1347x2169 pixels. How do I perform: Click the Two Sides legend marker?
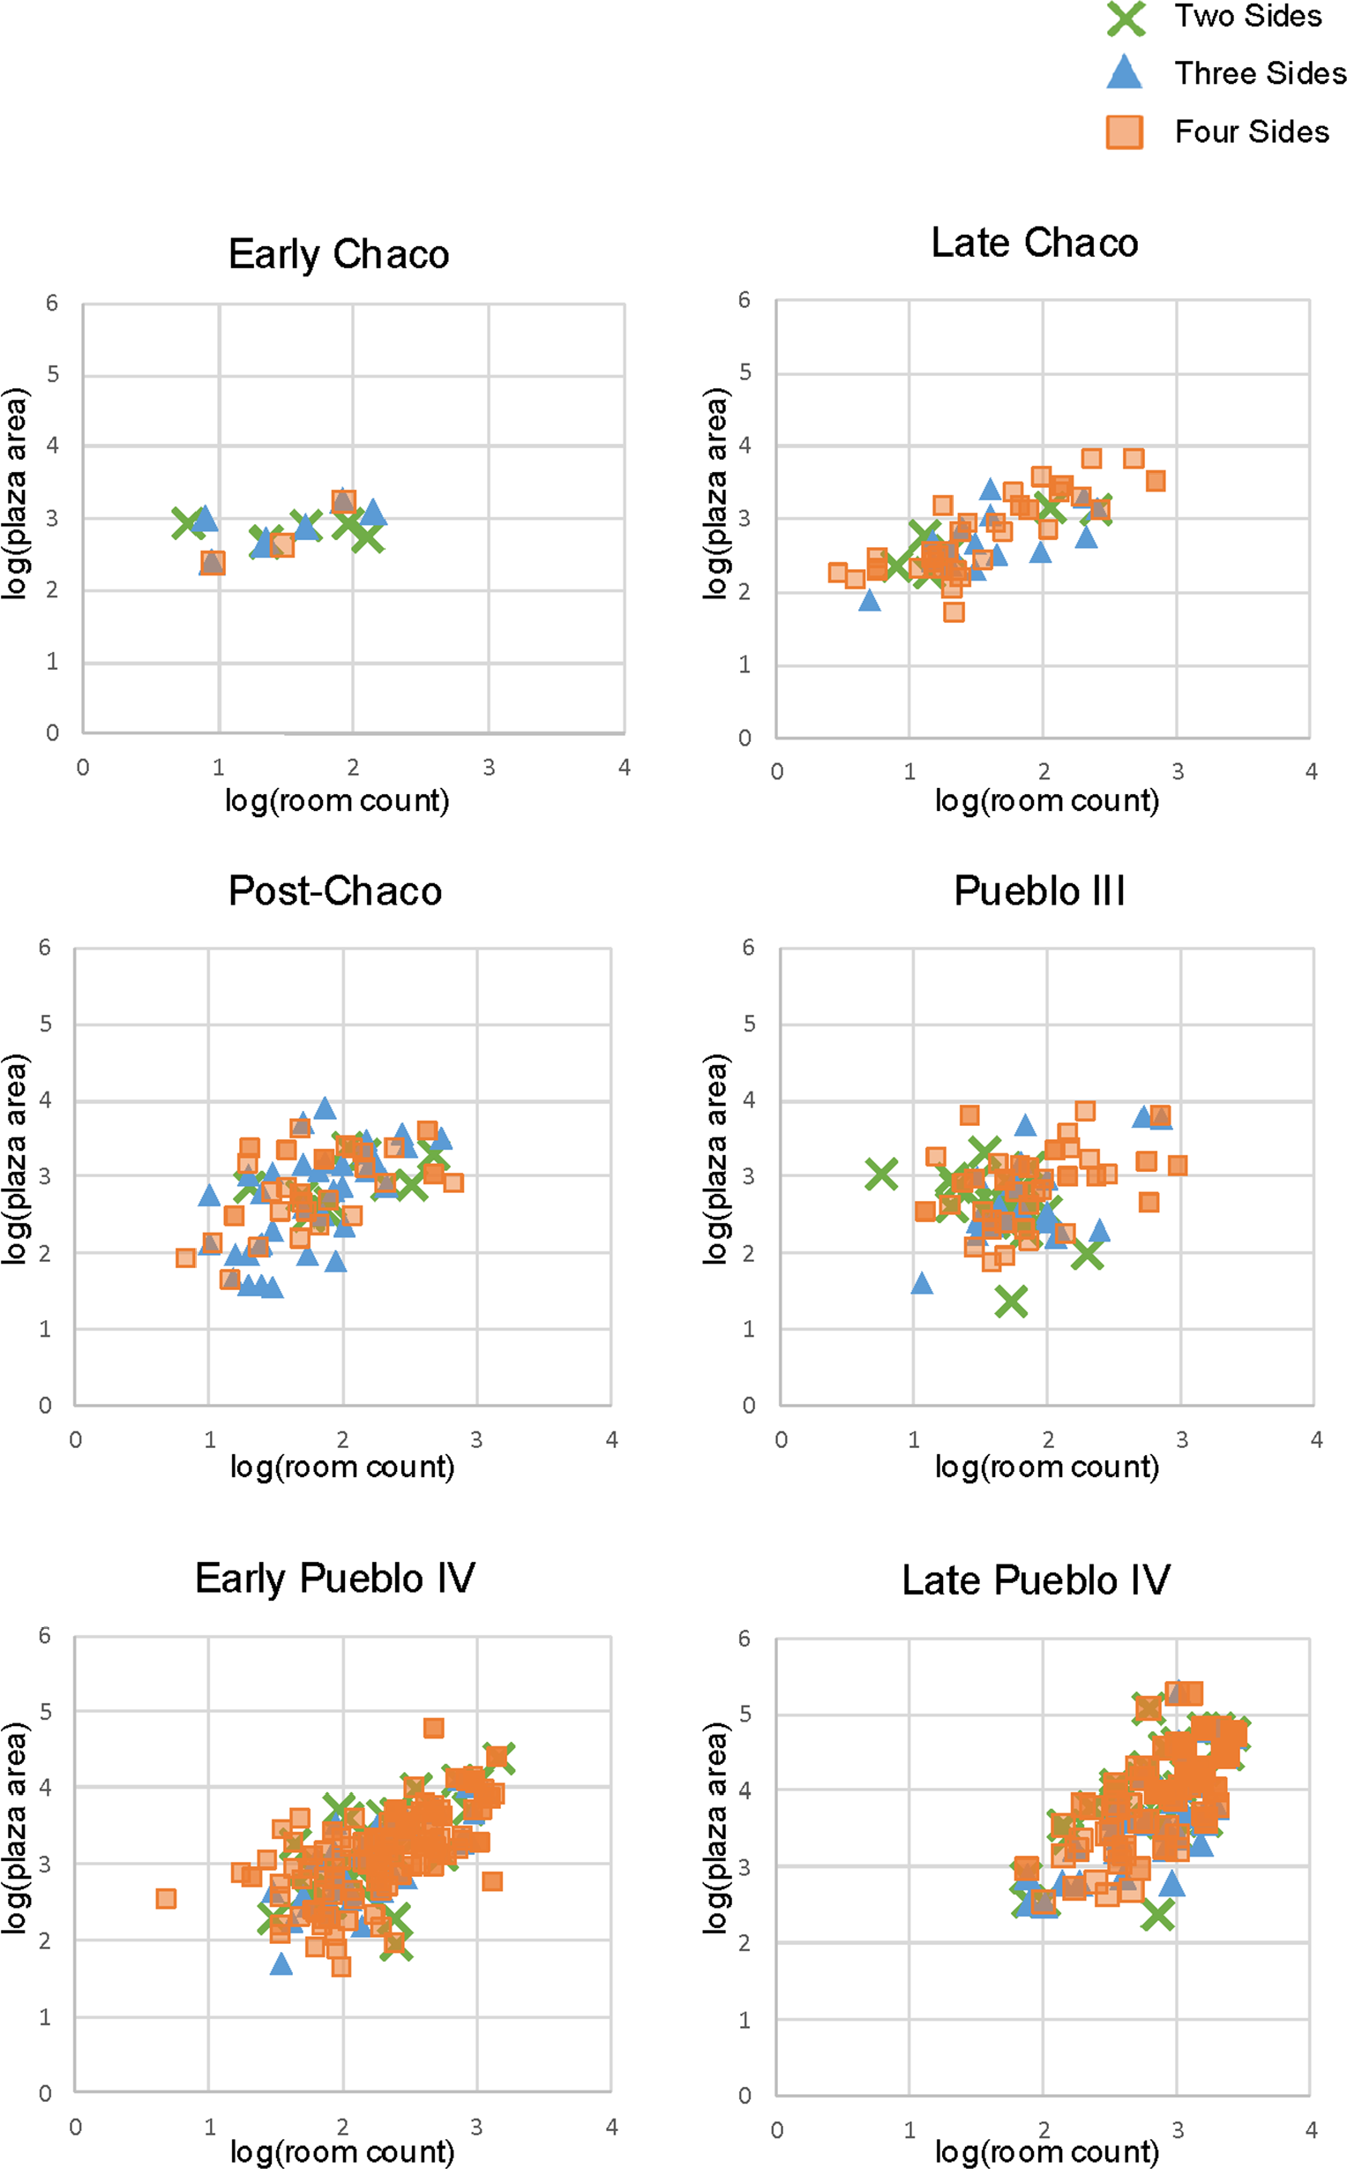tap(1126, 18)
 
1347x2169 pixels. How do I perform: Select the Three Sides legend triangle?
tap(1125, 72)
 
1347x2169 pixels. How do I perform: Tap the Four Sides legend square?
tap(1125, 131)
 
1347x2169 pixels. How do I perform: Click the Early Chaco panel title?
tap(339, 255)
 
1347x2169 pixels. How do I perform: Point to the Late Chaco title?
tap(1035, 243)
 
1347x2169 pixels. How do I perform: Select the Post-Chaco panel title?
tap(335, 891)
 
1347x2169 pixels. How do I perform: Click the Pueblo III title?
tap(1040, 891)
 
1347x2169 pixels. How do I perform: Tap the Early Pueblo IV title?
tap(335, 1578)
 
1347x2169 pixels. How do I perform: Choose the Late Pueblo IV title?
tap(1036, 1580)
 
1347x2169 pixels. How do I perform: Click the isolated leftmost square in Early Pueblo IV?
tap(166, 1898)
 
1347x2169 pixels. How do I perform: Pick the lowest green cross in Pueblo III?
tap(1011, 1301)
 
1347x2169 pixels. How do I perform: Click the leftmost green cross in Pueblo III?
tap(881, 1175)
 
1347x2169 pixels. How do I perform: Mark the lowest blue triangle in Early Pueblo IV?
tap(281, 1964)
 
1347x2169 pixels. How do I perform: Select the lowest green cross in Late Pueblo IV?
tap(1157, 1914)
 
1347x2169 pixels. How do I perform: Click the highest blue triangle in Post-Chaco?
tap(325, 1107)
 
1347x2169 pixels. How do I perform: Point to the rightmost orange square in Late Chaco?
tap(1156, 481)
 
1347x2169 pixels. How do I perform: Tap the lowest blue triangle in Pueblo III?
tap(922, 1283)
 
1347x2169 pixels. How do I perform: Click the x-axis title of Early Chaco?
tap(337, 800)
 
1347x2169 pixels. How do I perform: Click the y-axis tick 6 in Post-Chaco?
tap(44, 947)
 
